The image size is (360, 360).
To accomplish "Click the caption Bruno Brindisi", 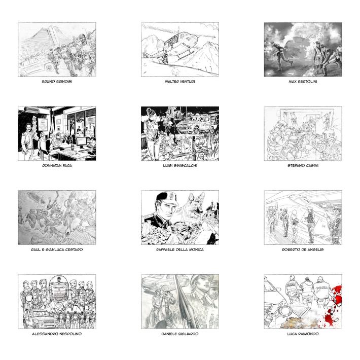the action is pos(57,82).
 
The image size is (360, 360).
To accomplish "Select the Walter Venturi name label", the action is pos(180,82).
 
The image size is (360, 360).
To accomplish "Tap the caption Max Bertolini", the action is pos(303,82).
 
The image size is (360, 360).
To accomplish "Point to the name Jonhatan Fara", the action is pos(57,165).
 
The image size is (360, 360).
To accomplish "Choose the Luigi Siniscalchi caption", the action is pos(180,165).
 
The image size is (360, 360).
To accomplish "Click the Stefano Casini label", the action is pos(303,165).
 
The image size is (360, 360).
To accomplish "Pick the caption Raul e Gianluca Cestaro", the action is pos(57,249).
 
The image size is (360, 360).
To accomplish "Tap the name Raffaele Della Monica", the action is pos(180,249).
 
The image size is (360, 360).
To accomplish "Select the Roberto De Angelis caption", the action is pos(303,249).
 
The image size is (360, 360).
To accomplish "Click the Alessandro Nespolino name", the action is pos(57,334).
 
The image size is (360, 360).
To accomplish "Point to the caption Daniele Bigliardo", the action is pos(180,334).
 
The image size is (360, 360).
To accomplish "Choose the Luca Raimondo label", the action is pos(303,334).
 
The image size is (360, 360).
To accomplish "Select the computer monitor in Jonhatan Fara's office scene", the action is pos(82,141).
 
